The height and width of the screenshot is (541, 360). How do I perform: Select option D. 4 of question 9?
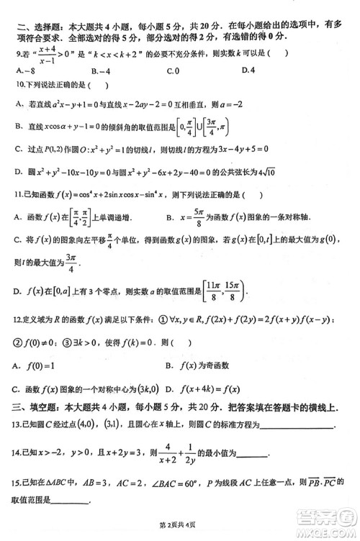[x=249, y=70]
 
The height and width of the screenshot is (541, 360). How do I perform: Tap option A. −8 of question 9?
[x=24, y=71]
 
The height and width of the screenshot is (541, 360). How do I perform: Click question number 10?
[x=19, y=86]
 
